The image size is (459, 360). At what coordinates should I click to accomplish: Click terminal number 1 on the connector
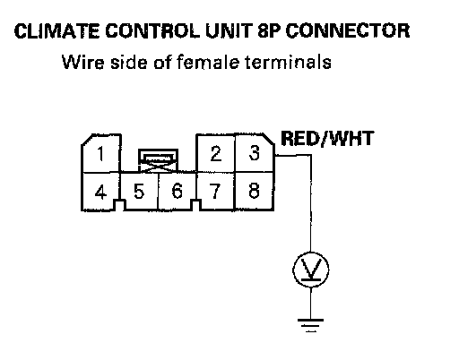101,154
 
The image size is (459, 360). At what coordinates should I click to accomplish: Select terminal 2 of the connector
216,154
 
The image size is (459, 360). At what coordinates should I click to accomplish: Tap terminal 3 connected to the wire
255,153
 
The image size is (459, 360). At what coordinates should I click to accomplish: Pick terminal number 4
100,192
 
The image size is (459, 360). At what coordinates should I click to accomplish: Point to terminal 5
139,192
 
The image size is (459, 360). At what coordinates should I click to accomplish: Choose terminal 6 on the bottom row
177,191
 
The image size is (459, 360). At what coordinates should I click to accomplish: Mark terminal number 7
215,191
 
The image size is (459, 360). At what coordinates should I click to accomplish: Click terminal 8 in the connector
255,191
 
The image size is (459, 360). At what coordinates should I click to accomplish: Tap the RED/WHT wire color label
327,139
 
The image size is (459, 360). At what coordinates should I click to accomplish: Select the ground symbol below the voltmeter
310,326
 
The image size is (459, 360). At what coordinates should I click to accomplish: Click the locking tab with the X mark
158,160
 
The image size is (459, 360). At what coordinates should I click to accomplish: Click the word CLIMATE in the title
56,31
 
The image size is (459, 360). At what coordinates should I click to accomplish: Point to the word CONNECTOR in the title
348,31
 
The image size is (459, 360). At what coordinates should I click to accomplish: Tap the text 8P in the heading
269,31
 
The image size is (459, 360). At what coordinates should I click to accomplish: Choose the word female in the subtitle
208,62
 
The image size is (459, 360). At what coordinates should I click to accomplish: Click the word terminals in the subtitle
288,62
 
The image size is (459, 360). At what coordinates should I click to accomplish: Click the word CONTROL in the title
152,31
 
